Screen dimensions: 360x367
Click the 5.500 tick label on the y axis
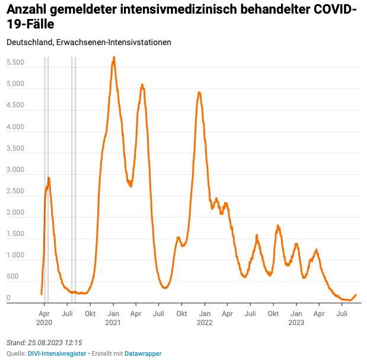coord(15,63)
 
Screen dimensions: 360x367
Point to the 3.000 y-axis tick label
coord(15,170)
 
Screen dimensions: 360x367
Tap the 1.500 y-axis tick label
coord(15,234)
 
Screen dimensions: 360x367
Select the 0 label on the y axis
coord(8,298)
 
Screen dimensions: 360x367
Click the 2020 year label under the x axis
coord(44,323)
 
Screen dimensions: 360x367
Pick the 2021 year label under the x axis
coord(113,323)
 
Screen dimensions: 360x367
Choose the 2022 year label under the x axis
coord(205,323)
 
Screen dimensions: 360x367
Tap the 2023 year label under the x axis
coord(296,323)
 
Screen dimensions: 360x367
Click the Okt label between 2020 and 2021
coord(90,313)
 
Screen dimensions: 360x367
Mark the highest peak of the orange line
coord(114,58)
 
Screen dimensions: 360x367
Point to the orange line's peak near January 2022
coord(199,93)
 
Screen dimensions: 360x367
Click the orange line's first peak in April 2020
coord(49,178)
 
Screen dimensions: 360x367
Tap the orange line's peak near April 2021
coord(142,85)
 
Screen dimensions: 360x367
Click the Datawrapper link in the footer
coord(143,353)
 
